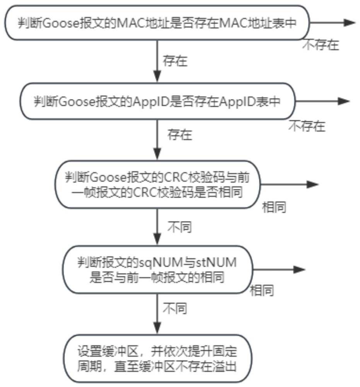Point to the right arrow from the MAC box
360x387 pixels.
pyautogui.click(x=333, y=22)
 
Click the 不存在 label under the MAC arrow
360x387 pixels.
pyautogui.click(x=321, y=45)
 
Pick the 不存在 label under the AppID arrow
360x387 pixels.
pyautogui.click(x=307, y=126)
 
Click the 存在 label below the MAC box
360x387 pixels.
pyautogui.click(x=175, y=61)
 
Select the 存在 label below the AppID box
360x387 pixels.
pyautogui.click(x=180, y=135)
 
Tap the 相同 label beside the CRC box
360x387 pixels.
pyautogui.click(x=274, y=207)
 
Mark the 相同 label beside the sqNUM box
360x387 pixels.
pyautogui.click(x=262, y=290)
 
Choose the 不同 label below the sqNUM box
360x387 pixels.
pyautogui.click(x=174, y=308)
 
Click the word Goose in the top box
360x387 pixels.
pyautogui.click(x=57, y=23)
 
